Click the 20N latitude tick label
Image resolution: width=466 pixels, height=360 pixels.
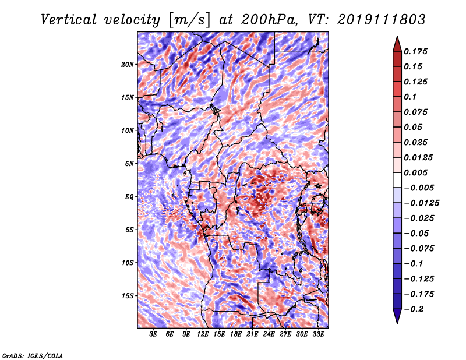(x=128, y=65)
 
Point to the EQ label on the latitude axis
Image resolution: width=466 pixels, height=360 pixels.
(x=129, y=197)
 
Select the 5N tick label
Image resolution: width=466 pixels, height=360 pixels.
(x=129, y=164)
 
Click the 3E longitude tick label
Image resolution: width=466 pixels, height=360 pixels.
(x=153, y=334)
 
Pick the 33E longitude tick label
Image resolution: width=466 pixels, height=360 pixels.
(x=318, y=334)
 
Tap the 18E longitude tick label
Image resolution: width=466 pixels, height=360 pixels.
(x=236, y=334)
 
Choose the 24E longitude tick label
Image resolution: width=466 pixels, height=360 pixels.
(x=269, y=334)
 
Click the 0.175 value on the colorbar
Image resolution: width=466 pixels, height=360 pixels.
(x=416, y=51)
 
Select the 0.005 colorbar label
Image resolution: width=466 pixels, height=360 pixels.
(x=416, y=172)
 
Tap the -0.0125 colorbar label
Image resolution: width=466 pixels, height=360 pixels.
(x=421, y=203)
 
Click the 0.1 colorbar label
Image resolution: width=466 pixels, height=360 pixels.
(x=411, y=97)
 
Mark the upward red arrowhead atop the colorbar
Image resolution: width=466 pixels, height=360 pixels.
(x=397, y=44)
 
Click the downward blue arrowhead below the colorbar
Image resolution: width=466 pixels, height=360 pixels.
(x=397, y=316)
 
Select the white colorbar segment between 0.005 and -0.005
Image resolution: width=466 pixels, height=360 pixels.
(x=397, y=180)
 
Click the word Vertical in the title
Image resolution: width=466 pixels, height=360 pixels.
(x=68, y=20)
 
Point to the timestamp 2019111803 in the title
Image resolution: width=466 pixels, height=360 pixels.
(x=382, y=20)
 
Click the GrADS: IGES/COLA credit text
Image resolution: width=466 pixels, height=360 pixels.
(x=33, y=356)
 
